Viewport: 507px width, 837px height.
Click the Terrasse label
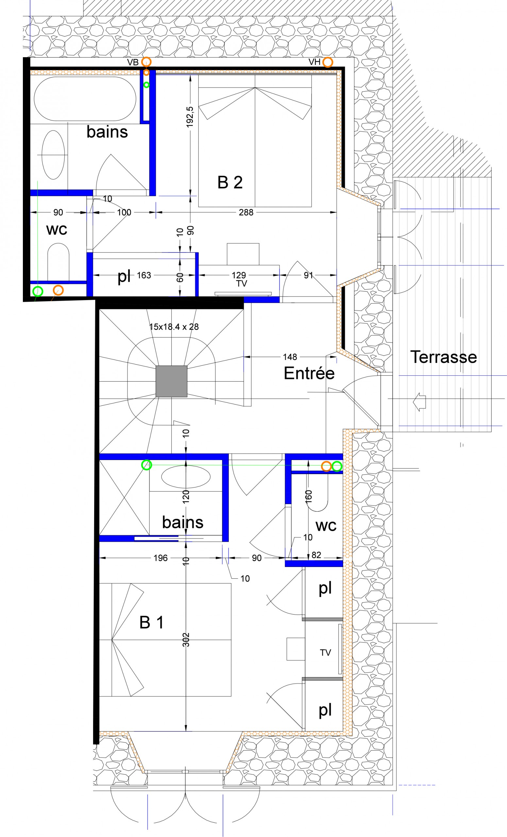(444, 357)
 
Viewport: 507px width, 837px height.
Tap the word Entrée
(309, 373)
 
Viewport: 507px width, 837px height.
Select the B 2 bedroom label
(230, 182)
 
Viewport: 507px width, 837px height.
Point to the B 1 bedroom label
(151, 623)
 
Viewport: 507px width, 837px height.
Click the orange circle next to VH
(327, 62)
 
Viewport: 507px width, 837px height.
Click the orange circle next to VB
(146, 62)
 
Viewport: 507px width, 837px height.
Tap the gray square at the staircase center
(171, 381)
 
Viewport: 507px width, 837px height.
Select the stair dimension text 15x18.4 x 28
(174, 327)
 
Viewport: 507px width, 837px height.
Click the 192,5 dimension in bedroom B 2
(190, 117)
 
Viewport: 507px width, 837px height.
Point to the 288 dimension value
(246, 212)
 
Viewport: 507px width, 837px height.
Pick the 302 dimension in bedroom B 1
(186, 640)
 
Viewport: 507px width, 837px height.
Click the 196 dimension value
(160, 558)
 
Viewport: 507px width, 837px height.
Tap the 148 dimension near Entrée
(290, 357)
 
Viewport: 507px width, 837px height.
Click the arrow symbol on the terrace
(419, 402)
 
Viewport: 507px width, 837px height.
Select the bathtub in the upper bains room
(85, 99)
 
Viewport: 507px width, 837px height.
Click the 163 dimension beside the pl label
(144, 275)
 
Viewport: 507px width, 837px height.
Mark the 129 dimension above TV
(239, 275)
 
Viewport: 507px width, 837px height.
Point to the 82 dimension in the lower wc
(316, 555)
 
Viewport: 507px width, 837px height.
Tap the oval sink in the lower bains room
(186, 477)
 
